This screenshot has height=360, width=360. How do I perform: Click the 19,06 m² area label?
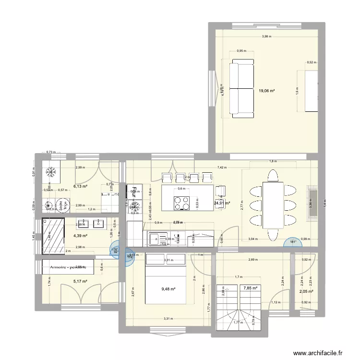point(266,90)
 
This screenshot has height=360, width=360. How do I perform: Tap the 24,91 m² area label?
point(221,203)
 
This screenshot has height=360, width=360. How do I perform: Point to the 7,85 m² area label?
point(251,288)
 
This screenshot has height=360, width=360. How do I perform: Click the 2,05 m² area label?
point(306,291)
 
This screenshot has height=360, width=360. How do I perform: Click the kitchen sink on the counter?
point(156,238)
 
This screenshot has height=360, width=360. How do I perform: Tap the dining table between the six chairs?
point(272,205)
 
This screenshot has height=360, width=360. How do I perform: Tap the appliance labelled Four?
point(135,191)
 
